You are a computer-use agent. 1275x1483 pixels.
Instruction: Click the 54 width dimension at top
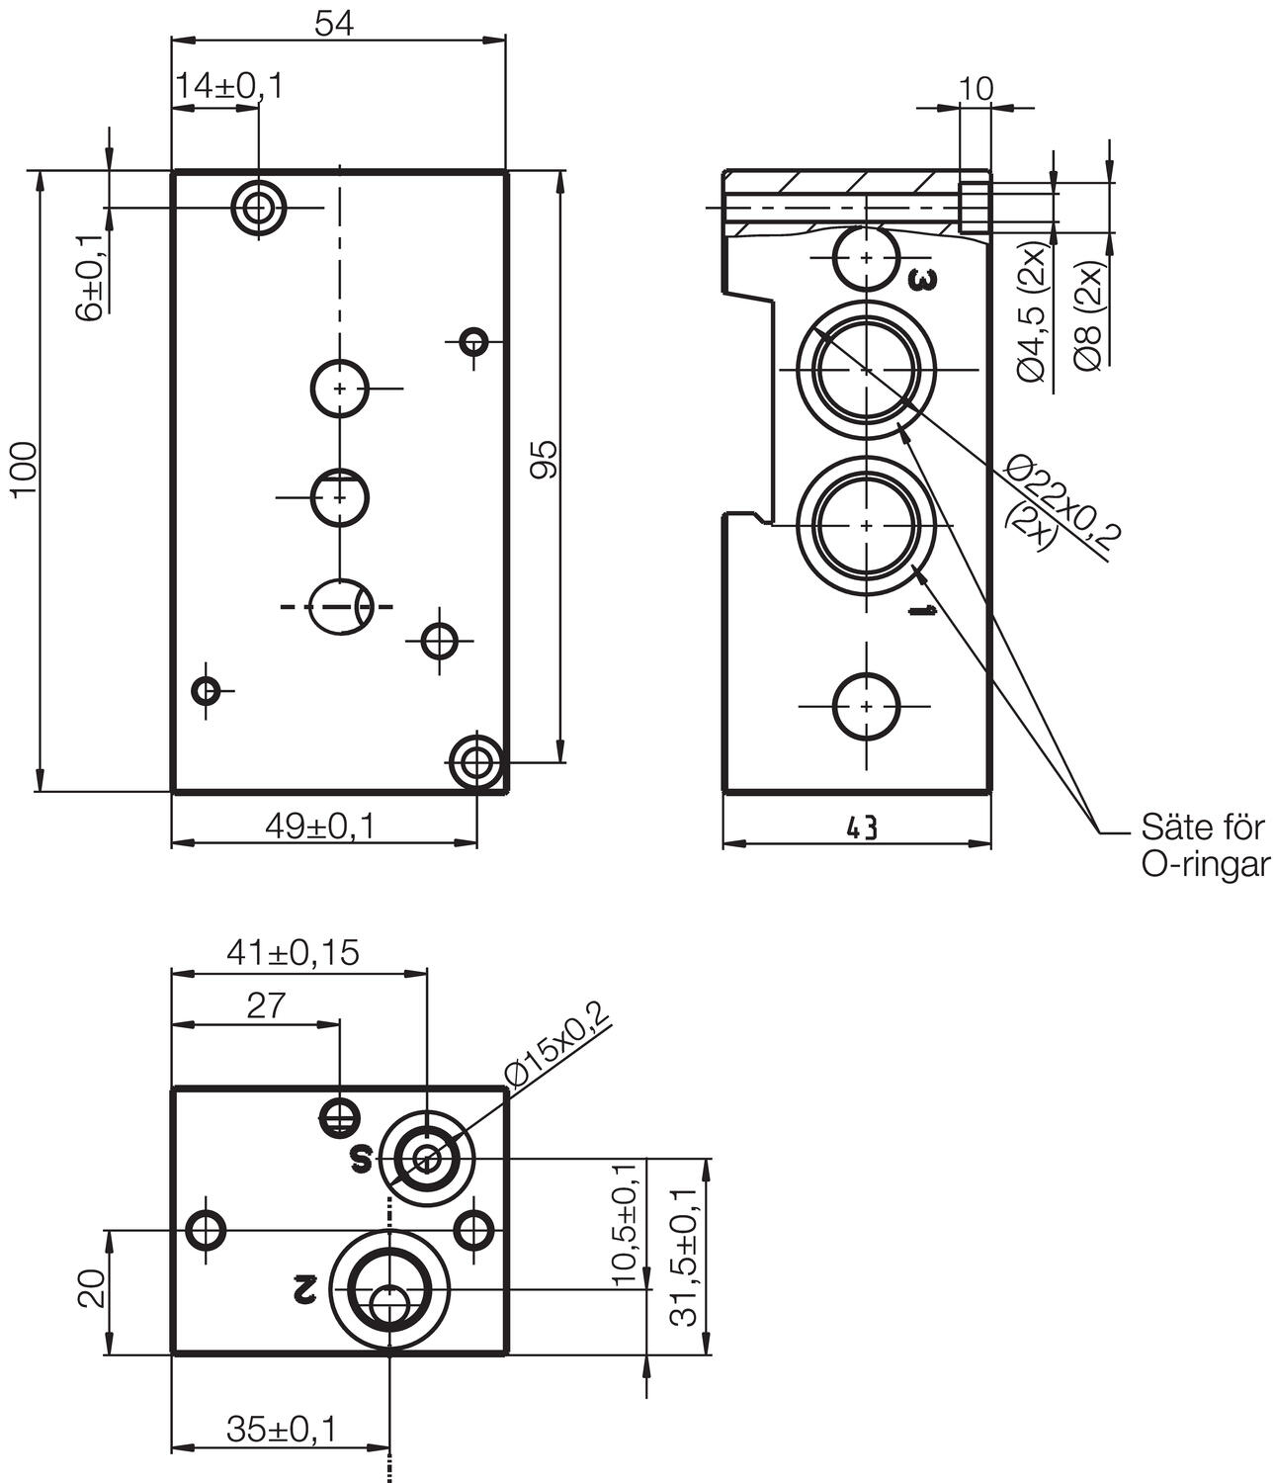click(x=336, y=24)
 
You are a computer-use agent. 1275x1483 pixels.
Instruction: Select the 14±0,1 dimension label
click(x=228, y=87)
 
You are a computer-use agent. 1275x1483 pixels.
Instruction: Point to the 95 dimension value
click(x=543, y=460)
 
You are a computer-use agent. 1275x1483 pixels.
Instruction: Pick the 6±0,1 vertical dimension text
click(x=90, y=277)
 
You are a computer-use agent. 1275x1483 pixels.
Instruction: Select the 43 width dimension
click(x=862, y=829)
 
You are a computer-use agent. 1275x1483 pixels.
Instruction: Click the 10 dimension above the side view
click(x=976, y=89)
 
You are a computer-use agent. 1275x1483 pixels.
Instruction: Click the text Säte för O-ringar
click(x=1203, y=845)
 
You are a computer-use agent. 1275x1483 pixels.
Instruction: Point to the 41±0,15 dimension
click(x=294, y=952)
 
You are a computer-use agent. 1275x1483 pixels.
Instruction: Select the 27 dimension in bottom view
click(x=266, y=1005)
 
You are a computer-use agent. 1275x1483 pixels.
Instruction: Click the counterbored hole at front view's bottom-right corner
click(x=476, y=762)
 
